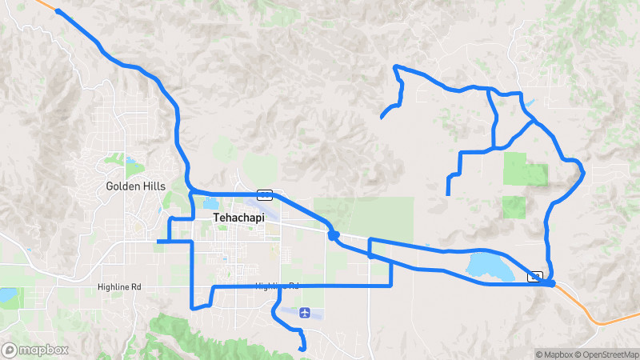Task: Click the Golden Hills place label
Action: [136, 186]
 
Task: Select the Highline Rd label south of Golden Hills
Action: [119, 286]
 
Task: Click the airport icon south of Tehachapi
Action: [304, 313]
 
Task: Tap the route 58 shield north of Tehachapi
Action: [265, 194]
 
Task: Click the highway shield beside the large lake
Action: [535, 276]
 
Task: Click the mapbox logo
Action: [35, 350]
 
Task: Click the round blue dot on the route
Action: [334, 235]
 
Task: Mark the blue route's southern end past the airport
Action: [302, 348]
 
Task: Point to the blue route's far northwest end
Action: [58, 10]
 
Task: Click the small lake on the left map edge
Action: [6, 295]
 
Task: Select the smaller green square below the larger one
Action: [515, 206]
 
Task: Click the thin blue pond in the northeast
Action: [529, 103]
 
